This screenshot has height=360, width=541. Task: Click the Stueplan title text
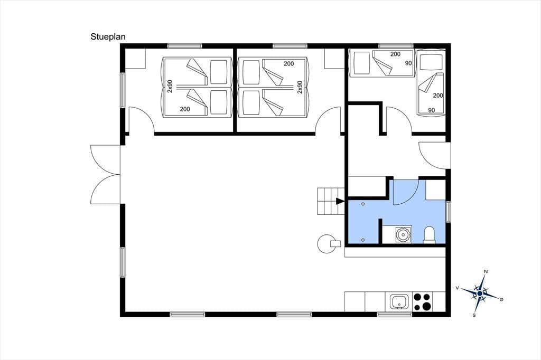coord(108,37)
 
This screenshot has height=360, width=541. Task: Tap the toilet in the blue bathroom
coord(429,234)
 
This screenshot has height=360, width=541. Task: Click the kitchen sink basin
coord(400,302)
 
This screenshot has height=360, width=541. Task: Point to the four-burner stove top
coord(422,302)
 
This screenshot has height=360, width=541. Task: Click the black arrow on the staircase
coord(340,201)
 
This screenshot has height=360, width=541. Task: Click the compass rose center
coord(480,293)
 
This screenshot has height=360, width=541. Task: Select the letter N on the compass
coord(486,271)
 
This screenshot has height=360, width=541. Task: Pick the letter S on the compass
coord(474,315)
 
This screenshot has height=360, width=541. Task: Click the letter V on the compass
coord(457,288)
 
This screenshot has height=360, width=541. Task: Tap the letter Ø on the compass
coord(501,299)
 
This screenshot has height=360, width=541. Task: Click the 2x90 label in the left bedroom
coord(170,87)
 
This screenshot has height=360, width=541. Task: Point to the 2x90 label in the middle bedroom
coord(300,87)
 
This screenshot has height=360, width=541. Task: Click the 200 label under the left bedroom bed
coord(185,109)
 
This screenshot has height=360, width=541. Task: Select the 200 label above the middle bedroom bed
coord(289,64)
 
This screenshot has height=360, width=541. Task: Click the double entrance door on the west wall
coord(105,175)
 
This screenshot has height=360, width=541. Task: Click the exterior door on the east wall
coord(434,155)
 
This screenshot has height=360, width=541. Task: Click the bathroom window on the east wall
coord(448,211)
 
